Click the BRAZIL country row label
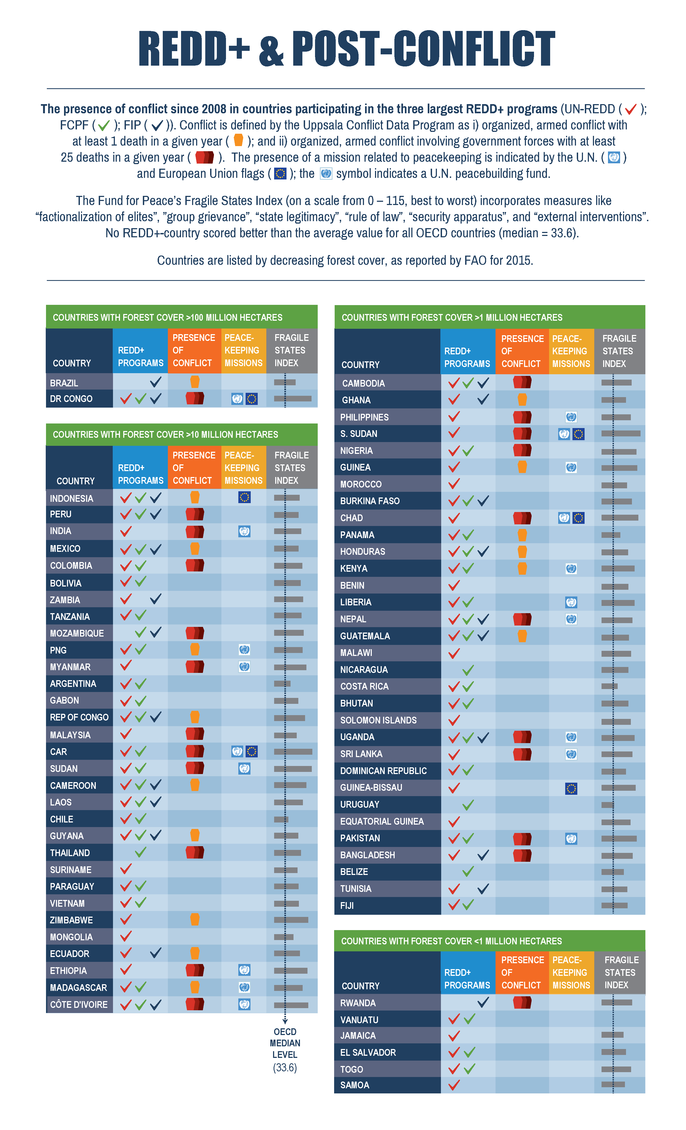[x=64, y=383]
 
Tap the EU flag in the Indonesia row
[x=245, y=497]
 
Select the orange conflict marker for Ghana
[x=522, y=400]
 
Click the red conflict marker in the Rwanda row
[x=522, y=1002]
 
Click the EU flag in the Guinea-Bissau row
[x=571, y=788]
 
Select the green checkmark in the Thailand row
[x=140, y=852]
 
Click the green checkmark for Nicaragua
[x=468, y=670]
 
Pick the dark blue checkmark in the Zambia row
[x=155, y=599]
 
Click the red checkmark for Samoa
[x=454, y=1085]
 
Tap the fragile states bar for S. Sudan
[x=620, y=433]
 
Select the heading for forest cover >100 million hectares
[x=167, y=317]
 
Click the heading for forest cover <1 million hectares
[x=451, y=941]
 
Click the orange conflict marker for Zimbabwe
[x=195, y=919]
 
